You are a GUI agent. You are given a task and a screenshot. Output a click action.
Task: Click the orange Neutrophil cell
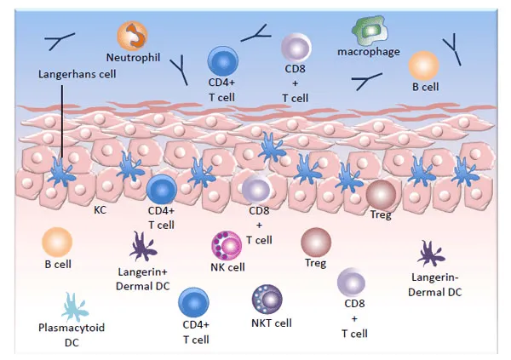pos(134,35)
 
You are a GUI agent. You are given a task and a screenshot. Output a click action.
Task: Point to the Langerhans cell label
pos(77,74)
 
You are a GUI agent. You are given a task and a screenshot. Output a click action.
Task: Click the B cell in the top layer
pos(423,66)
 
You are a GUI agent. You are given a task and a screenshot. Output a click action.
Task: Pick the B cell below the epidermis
pos(57,243)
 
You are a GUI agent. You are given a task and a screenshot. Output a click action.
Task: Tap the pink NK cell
pos(226,245)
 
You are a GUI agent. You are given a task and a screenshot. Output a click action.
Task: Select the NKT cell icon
pos(267,299)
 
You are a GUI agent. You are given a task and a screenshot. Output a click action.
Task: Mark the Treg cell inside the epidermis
pos(381,193)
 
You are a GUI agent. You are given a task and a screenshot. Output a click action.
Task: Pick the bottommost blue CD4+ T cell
pos(193,301)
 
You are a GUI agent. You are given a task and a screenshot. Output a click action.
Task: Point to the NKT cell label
pos(272,323)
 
